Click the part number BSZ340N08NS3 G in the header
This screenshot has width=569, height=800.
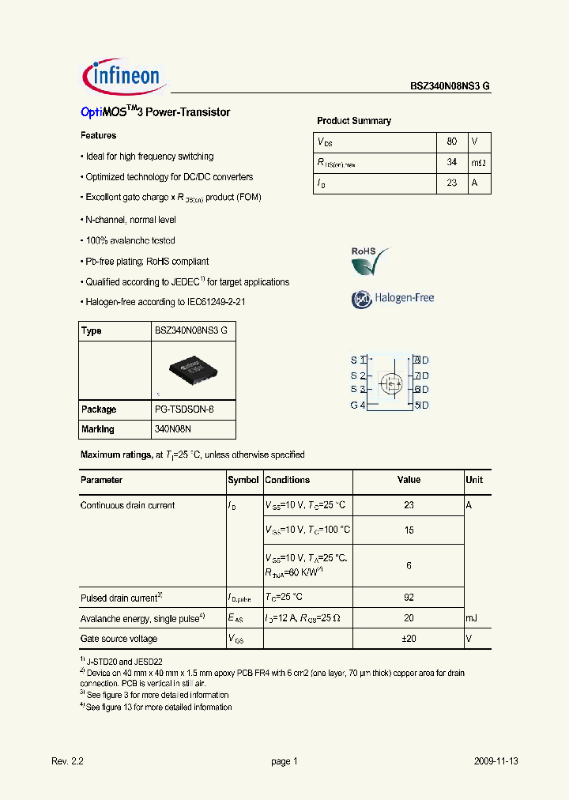click(450, 87)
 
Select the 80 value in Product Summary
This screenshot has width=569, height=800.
click(451, 142)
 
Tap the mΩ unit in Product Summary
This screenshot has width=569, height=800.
click(478, 163)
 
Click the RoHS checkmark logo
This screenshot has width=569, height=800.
click(370, 261)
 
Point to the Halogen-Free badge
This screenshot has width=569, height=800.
click(393, 298)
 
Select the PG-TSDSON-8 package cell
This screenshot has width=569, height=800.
click(183, 409)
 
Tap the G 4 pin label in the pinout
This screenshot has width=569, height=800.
click(358, 405)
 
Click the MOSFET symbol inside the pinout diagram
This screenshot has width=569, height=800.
click(390, 383)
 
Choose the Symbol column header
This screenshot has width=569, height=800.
click(243, 480)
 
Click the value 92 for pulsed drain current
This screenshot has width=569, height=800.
click(409, 598)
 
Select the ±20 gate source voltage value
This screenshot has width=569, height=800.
click(409, 639)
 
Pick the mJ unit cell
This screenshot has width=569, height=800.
click(472, 618)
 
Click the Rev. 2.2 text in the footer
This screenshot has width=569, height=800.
click(67, 761)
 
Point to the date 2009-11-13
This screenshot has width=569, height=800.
click(496, 761)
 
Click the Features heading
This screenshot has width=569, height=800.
click(99, 136)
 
